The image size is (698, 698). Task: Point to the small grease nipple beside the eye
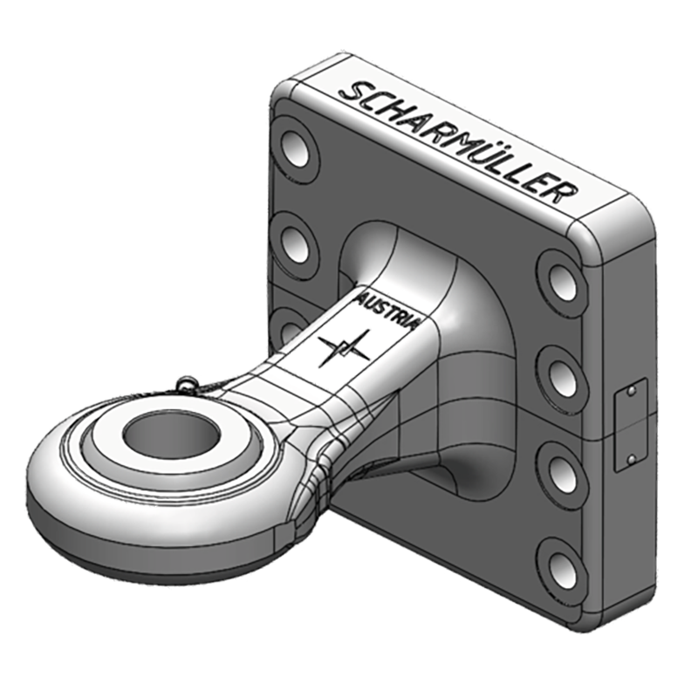[x=187, y=381]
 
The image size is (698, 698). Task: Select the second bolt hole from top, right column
[x=559, y=371]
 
